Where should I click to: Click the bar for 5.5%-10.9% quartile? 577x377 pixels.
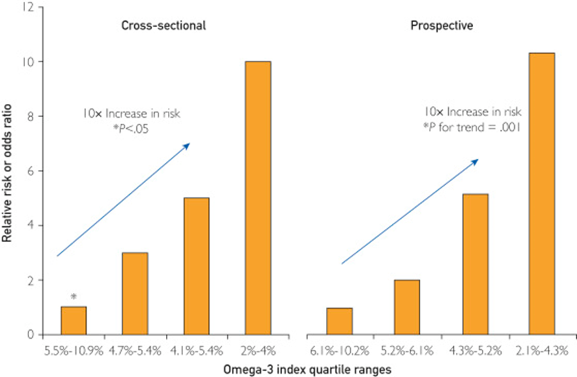pyautogui.click(x=74, y=321)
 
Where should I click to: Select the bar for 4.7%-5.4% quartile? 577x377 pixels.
pyautogui.click(x=135, y=294)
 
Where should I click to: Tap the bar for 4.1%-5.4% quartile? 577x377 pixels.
pyautogui.click(x=196, y=267)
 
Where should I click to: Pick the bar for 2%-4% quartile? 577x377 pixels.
pyautogui.click(x=258, y=198)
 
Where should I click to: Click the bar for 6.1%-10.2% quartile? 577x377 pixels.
pyautogui.click(x=339, y=321)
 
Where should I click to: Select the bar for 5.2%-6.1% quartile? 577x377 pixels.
pyautogui.click(x=406, y=308)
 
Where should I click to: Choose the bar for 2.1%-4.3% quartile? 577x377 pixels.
pyautogui.click(x=541, y=194)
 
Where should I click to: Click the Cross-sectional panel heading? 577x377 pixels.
pyautogui.click(x=163, y=26)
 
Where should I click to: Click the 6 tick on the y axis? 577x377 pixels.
pyautogui.click(x=33, y=171)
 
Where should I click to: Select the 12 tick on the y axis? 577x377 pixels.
pyautogui.click(x=31, y=7)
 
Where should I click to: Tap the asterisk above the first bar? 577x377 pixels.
pyautogui.click(x=74, y=297)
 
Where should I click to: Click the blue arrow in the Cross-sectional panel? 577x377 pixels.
pyautogui.click(x=123, y=200)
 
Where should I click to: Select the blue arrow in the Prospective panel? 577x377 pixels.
pyautogui.click(x=409, y=212)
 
